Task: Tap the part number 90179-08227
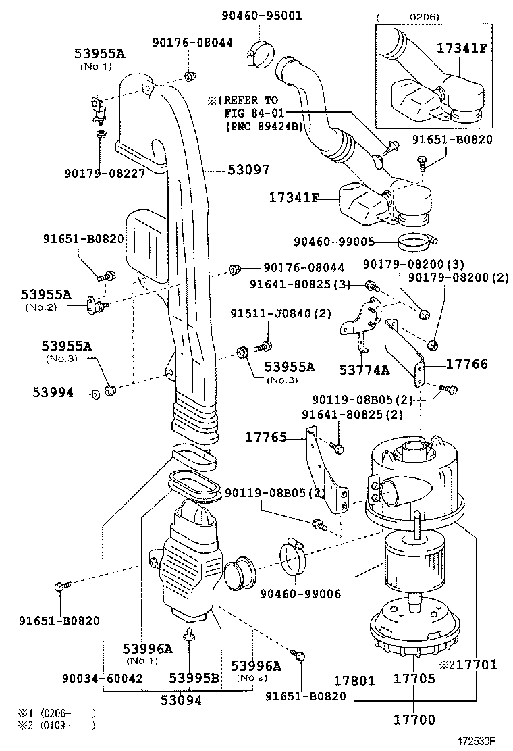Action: [x=109, y=174]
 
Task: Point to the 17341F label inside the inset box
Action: [x=462, y=48]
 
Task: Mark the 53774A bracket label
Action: [x=364, y=369]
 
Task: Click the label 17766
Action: [x=466, y=364]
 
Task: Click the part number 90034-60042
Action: [x=101, y=678]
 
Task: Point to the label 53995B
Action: [x=194, y=678]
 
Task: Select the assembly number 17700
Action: [x=414, y=720]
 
